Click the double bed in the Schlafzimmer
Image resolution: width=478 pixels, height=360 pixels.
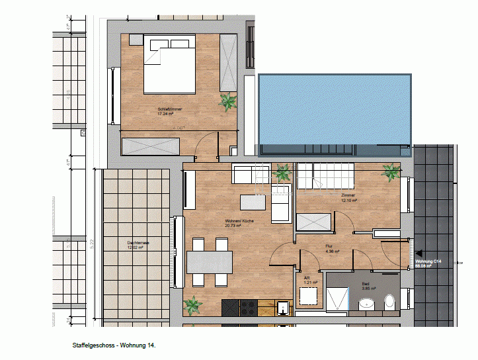(x=169, y=65)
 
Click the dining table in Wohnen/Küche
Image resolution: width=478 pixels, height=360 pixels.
(x=210, y=263)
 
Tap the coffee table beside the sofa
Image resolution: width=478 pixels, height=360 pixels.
(x=249, y=201)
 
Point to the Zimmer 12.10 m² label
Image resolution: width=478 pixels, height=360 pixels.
(x=348, y=198)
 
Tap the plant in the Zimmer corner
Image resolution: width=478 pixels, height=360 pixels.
(x=391, y=173)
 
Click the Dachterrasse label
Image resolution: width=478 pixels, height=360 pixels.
(x=138, y=246)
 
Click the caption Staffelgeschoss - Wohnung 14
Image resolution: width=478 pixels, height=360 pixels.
(x=114, y=345)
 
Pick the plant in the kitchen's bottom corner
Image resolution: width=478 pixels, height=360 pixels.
(x=192, y=306)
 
